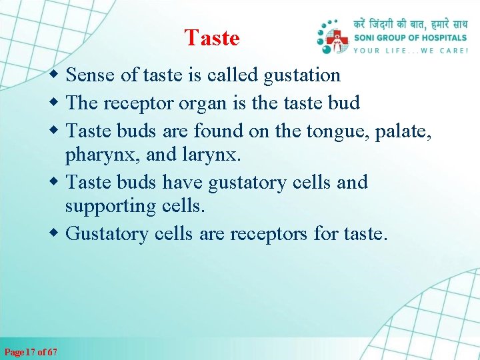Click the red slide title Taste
click(212, 38)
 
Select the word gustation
click(302, 75)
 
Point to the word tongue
click(338, 131)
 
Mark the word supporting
click(111, 206)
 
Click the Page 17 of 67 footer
click(31, 351)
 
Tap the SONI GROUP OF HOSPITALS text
click(410, 38)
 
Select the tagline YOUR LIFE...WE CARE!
click(410, 50)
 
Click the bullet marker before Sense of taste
click(57, 75)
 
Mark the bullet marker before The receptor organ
click(57, 103)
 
